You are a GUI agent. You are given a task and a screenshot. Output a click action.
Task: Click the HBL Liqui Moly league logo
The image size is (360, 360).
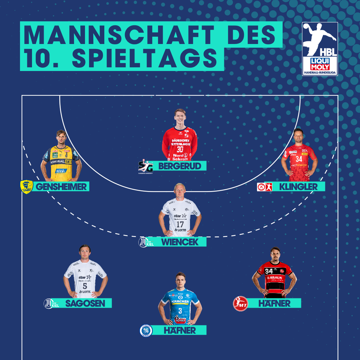tap(320, 49)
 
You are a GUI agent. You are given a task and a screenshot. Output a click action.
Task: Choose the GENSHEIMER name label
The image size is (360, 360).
tap(61, 186)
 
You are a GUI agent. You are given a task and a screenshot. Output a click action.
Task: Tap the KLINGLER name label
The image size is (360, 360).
tap(298, 187)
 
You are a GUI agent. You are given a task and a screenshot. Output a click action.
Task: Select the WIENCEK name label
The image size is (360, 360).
tap(179, 242)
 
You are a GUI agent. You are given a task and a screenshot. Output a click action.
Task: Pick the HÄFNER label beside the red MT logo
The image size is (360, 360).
tap(274, 303)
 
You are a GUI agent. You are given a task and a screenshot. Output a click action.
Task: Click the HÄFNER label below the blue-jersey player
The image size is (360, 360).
tap(179, 330)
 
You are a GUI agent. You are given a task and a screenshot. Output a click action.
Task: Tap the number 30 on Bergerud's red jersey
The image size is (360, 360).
tap(180, 149)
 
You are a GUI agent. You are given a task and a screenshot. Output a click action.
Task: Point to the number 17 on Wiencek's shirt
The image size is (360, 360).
tap(180, 224)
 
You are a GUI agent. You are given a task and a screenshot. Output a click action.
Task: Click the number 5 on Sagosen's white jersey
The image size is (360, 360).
tap(85, 286)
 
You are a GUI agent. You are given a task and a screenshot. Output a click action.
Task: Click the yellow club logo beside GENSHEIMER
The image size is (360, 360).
tap(27, 187)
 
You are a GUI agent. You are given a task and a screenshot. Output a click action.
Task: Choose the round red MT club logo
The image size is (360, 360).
tap(241, 304)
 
